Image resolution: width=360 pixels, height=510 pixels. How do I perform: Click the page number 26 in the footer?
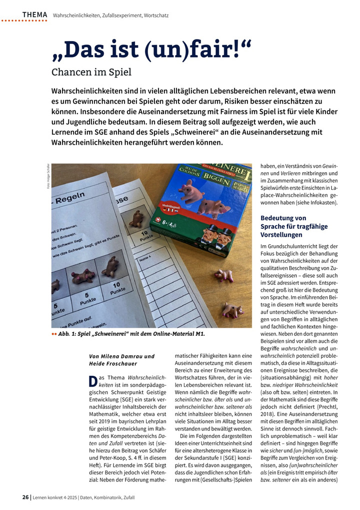pos(25,497)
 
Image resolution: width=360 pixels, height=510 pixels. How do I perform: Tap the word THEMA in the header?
pos(34,15)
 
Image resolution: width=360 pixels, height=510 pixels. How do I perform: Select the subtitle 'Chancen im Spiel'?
pos(91,72)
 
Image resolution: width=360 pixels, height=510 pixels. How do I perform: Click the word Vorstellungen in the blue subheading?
pos(281,234)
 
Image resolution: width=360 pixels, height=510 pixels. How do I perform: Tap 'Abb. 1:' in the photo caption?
pos(69,334)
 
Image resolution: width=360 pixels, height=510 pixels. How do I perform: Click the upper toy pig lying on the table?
pos(223,274)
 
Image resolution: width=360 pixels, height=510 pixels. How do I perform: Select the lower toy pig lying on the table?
pos(232,310)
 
